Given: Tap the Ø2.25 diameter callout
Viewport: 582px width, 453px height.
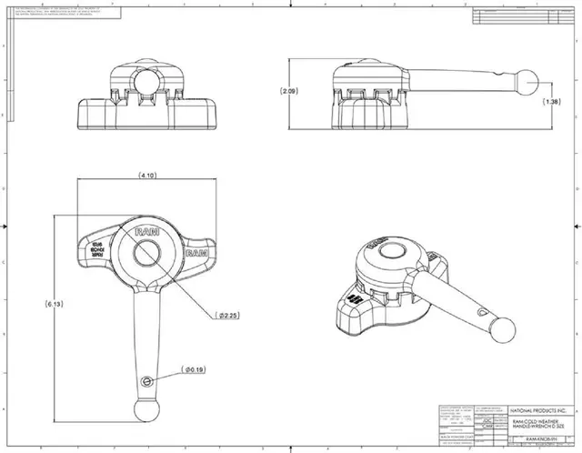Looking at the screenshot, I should tap(227, 316).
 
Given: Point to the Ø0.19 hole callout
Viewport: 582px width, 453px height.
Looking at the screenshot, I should tap(195, 369).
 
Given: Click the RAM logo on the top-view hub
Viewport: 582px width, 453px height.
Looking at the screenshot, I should tap(146, 234).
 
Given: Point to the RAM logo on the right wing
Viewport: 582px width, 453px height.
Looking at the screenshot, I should tap(200, 257).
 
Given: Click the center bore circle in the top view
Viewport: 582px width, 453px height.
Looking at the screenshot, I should tap(150, 262).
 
